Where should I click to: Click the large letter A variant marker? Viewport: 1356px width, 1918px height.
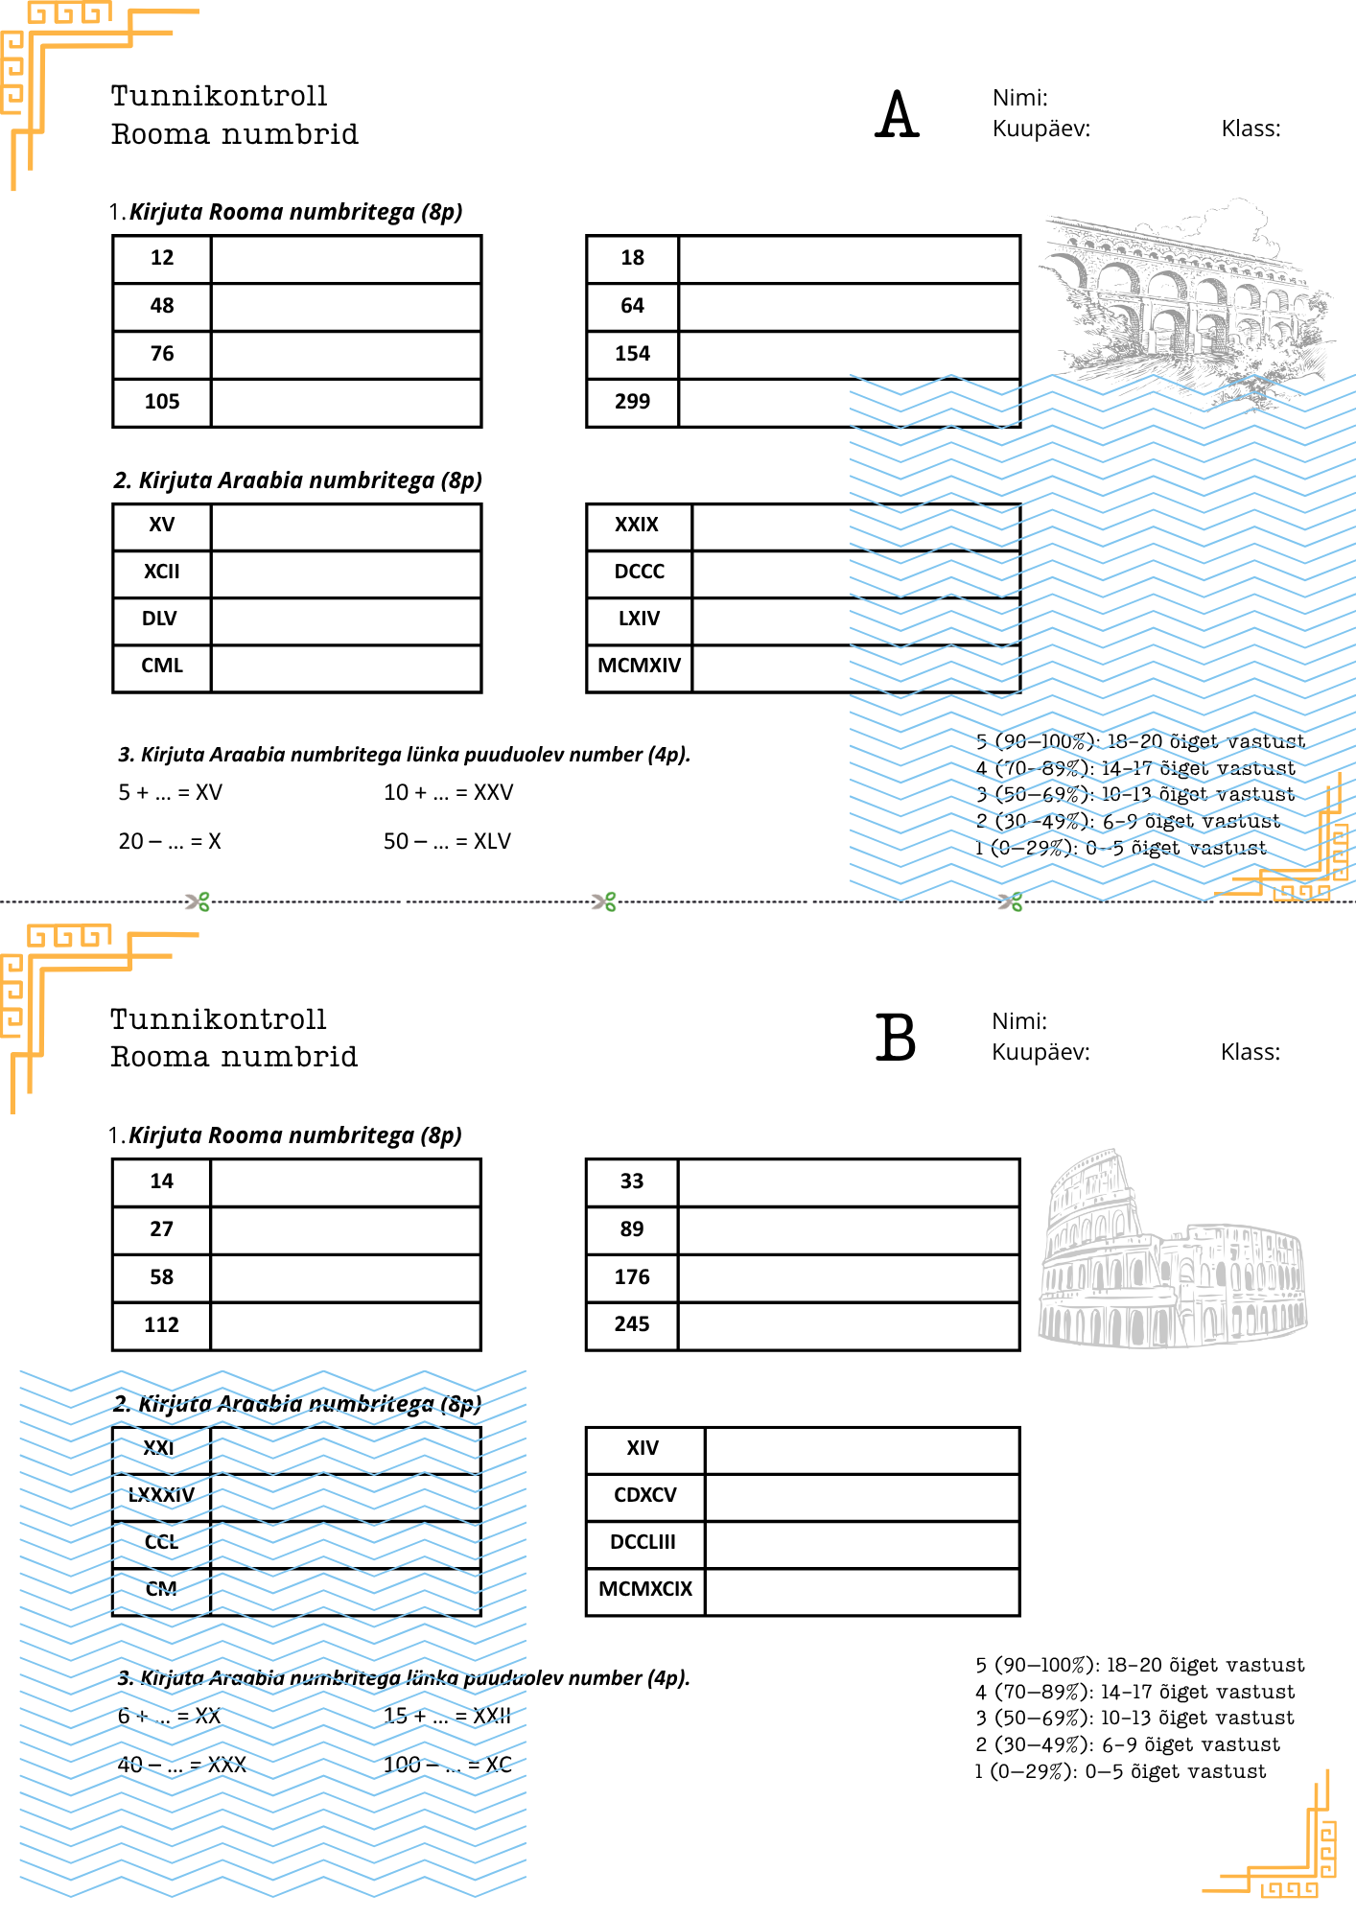(897, 115)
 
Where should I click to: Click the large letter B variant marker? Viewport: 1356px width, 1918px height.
(896, 1039)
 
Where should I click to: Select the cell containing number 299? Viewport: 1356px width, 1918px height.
(632, 402)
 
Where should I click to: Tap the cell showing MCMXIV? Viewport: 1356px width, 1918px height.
(639, 666)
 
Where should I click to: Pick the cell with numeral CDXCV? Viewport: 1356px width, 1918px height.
(644, 1495)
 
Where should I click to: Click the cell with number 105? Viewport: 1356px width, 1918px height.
(162, 402)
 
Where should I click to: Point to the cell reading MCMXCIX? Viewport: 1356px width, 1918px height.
(644, 1589)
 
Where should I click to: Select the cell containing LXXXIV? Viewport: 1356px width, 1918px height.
(161, 1495)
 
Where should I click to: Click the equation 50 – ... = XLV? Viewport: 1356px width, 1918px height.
(447, 841)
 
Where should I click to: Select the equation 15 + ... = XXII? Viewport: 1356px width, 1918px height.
(447, 1716)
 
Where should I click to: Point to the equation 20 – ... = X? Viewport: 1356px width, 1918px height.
(170, 841)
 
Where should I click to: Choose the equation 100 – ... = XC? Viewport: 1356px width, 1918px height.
(447, 1765)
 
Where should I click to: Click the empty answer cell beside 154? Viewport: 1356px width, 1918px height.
(848, 354)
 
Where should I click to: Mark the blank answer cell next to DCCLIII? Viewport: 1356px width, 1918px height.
(861, 1542)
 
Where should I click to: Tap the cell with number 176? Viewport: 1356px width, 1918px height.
(632, 1277)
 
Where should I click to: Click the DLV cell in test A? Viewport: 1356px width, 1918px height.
(160, 619)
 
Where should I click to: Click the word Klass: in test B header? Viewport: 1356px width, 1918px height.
(1250, 1052)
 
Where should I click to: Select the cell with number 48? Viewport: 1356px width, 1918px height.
(162, 306)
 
